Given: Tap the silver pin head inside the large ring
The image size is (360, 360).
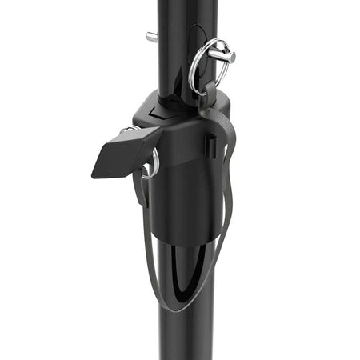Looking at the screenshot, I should (x=228, y=56).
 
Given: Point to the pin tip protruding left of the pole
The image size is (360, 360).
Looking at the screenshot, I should (x=150, y=36).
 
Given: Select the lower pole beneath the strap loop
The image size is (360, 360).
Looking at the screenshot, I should (x=180, y=336).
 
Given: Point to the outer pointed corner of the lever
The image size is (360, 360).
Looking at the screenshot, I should (x=95, y=172).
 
